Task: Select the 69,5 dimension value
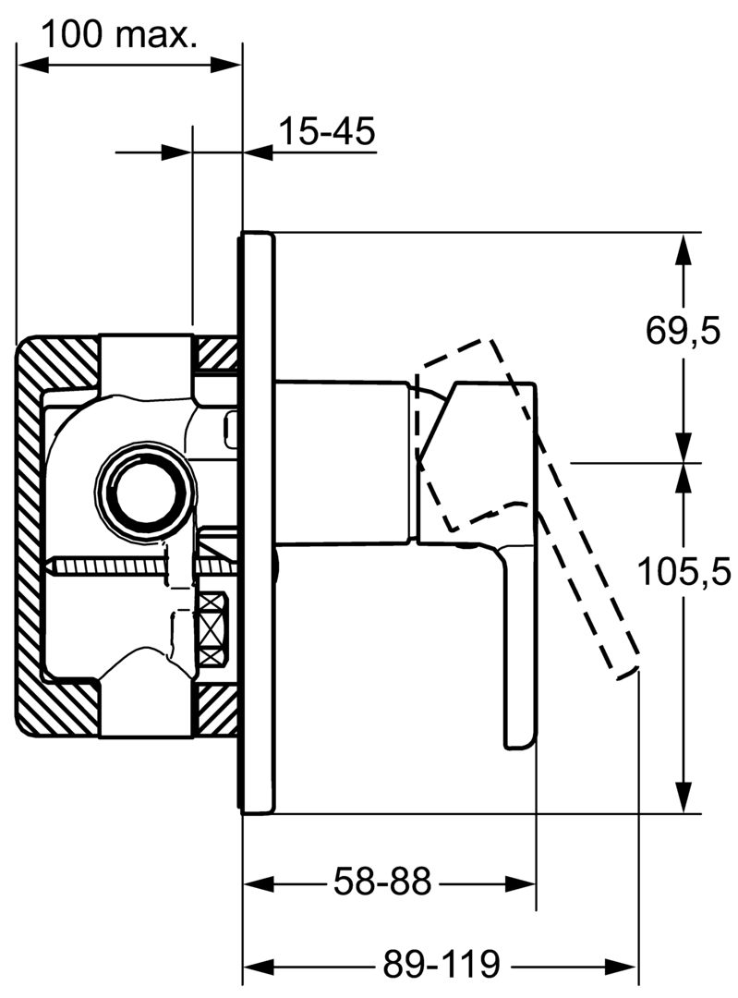pos(682,330)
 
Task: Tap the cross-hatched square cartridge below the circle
pos(213,628)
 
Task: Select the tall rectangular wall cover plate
pos(258,522)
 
